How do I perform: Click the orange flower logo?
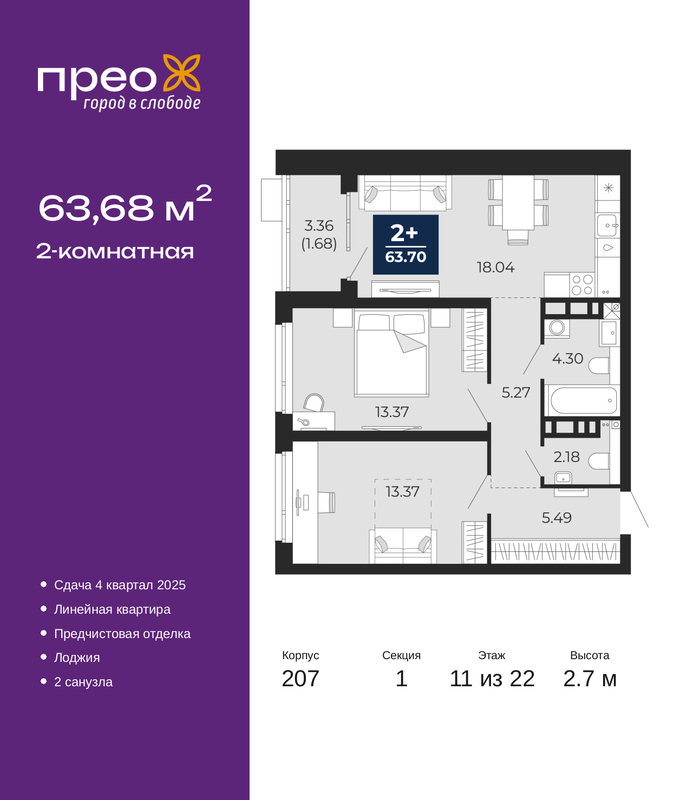pos(181,73)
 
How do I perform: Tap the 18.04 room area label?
pos(495,268)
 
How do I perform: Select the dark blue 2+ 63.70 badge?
pos(406,245)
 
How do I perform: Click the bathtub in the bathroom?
pos(584,401)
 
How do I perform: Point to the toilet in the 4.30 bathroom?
pos(599,366)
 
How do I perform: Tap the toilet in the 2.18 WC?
pos(599,461)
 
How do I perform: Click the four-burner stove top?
pos(582,285)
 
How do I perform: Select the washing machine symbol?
pos(557,328)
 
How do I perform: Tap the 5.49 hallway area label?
pos(557,518)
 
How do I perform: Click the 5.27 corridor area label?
pos(515,393)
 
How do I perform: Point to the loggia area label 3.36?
pos(319,226)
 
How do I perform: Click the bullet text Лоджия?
pos(77,658)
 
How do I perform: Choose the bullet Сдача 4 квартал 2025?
pos(120,585)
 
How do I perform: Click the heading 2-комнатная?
pos(115,251)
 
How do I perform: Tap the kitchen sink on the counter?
pos(607,225)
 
